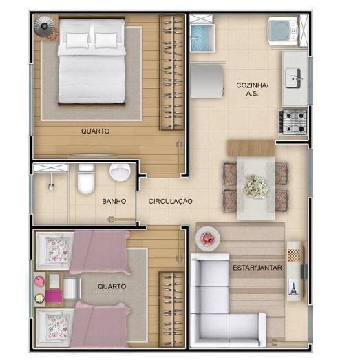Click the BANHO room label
click(x=114, y=202)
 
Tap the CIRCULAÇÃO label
click(x=170, y=201)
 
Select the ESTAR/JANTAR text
click(x=257, y=268)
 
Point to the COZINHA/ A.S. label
click(x=252, y=89)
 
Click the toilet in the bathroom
click(x=86, y=179)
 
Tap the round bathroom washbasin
click(x=120, y=172)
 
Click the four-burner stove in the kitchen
click(x=293, y=122)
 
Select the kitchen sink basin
click(x=293, y=78)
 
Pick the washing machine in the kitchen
click(x=284, y=32)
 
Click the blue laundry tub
click(x=202, y=38)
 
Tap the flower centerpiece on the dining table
click(x=256, y=187)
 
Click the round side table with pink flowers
click(x=208, y=239)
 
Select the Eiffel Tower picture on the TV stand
click(x=293, y=287)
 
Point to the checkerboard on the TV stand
click(x=294, y=255)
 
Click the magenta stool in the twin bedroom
click(x=54, y=296)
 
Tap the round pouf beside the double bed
click(x=45, y=26)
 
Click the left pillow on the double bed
click(x=77, y=41)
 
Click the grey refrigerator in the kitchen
click(x=207, y=81)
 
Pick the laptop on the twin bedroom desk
click(x=54, y=281)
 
